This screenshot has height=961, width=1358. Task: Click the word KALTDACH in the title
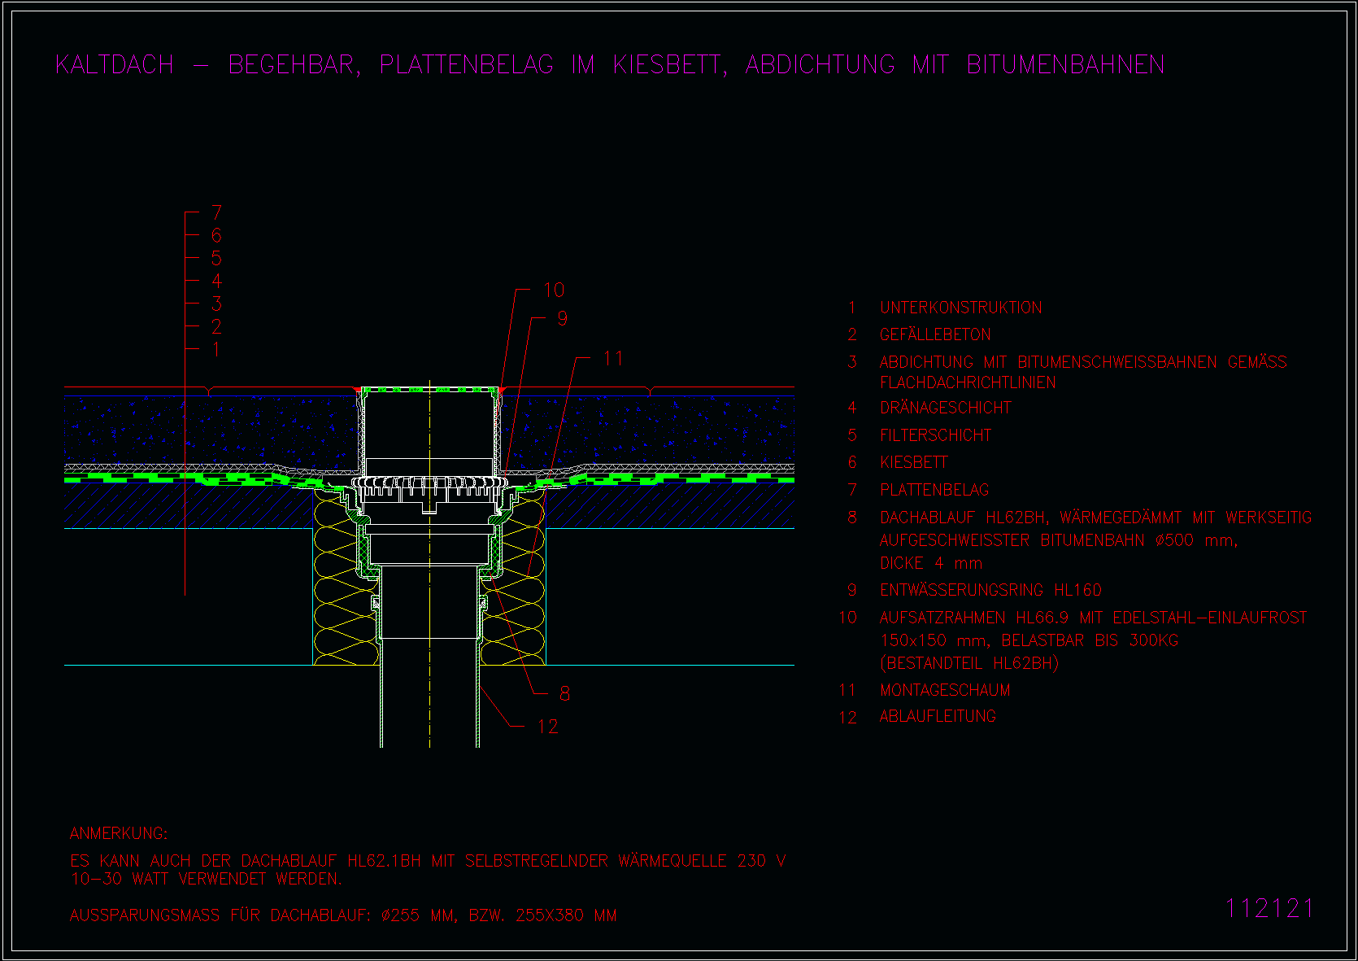click(115, 65)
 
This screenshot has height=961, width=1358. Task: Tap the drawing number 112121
click(1269, 909)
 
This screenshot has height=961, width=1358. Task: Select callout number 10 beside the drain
click(554, 290)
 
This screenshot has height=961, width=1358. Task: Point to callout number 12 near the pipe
click(547, 727)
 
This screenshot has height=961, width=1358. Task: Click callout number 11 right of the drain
click(613, 359)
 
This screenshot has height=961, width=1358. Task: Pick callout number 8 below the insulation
click(564, 693)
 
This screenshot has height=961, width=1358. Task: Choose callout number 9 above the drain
click(562, 318)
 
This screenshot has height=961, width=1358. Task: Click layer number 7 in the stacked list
click(216, 212)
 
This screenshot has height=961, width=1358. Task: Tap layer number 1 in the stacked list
click(215, 349)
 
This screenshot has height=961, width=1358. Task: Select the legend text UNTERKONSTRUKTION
click(961, 308)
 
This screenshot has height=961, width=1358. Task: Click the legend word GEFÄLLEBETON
click(935, 334)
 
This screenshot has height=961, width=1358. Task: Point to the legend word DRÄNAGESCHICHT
click(946, 408)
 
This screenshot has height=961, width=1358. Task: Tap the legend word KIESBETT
click(914, 462)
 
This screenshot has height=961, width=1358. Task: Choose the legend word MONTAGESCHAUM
click(945, 690)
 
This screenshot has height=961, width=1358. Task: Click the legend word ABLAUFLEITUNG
click(938, 717)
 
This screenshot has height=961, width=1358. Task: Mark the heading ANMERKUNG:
click(119, 833)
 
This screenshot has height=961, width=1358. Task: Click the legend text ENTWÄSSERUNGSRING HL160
click(990, 590)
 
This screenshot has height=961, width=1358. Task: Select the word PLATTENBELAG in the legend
click(934, 490)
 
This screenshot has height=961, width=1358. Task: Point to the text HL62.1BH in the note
click(384, 861)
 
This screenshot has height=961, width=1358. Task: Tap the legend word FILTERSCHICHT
click(935, 435)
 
